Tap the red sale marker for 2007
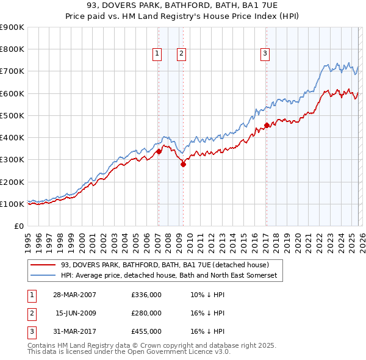pyautogui.click(x=159, y=151)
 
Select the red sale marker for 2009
pyautogui.click(x=182, y=164)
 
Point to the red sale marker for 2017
pyautogui.click(x=267, y=126)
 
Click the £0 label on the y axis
pyautogui.click(x=18, y=226)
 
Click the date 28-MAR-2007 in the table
pyautogui.click(x=74, y=295)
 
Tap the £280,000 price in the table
pyautogui.click(x=146, y=313)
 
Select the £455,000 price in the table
pyautogui.click(x=146, y=331)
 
